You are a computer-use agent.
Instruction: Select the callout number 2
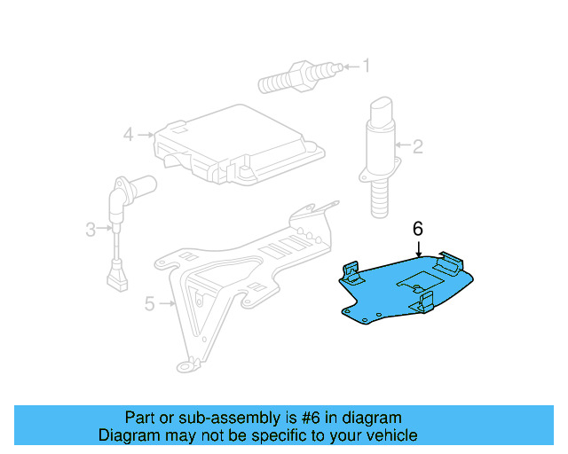point(418,145)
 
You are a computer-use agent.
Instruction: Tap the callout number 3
point(90,231)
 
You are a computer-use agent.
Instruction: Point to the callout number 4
point(129,135)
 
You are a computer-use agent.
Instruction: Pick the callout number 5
point(149,304)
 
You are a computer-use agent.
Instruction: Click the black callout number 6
point(418,229)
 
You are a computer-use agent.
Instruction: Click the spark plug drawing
point(297,75)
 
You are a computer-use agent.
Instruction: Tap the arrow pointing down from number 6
point(418,248)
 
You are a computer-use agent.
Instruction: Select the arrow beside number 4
point(146,135)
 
